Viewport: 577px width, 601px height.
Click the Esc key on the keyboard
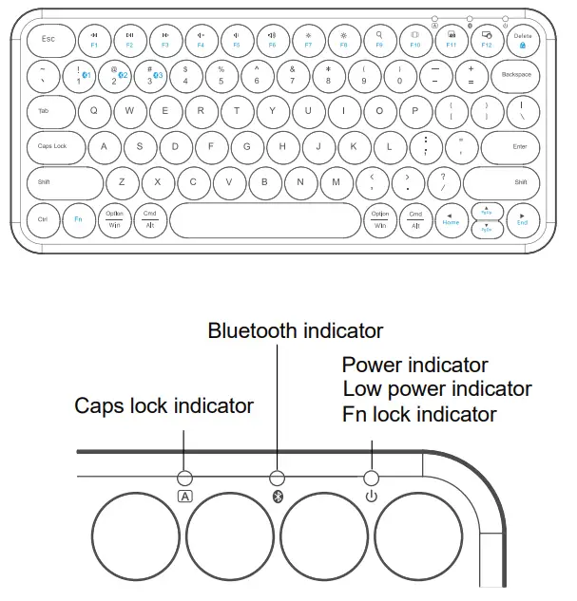[47, 40]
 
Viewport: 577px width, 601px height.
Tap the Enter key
[517, 147]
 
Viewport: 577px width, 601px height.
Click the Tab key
[46, 111]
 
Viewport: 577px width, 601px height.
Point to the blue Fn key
[78, 219]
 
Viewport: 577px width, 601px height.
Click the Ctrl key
[43, 219]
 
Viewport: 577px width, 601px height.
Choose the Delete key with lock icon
[523, 40]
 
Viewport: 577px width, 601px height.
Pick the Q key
[93, 110]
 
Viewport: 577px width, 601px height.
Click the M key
[337, 182]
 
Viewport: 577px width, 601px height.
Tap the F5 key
[236, 39]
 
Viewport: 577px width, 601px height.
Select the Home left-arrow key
[451, 219]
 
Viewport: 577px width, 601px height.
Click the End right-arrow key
[522, 219]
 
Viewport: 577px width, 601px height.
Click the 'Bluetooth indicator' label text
[295, 330]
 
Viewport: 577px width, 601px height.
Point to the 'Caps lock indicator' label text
[163, 405]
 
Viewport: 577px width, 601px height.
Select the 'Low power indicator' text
[437, 389]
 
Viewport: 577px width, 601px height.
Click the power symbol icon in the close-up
[371, 496]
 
